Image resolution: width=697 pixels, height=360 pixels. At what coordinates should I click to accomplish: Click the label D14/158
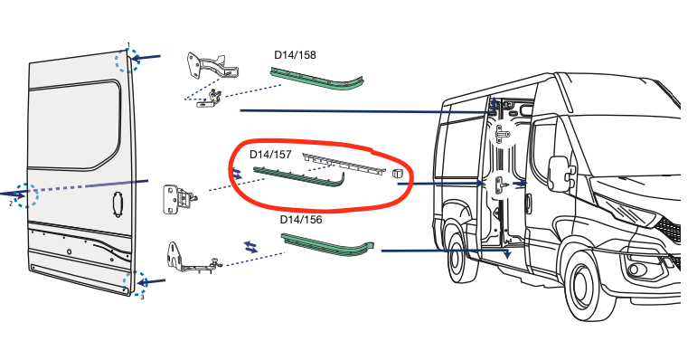tap(295, 54)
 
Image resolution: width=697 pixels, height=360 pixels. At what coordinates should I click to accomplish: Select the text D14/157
tap(269, 155)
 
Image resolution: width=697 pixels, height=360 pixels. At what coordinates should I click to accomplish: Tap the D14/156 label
tap(301, 219)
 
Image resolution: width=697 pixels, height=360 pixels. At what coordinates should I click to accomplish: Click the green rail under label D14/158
tap(324, 79)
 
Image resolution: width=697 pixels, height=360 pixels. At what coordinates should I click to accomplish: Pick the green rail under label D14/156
tap(327, 244)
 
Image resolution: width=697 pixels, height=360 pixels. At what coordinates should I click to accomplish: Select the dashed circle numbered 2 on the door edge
tap(28, 194)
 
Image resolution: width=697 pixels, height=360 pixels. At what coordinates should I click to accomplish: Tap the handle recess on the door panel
tap(116, 204)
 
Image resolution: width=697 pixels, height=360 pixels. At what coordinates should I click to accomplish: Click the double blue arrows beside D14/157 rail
tap(238, 173)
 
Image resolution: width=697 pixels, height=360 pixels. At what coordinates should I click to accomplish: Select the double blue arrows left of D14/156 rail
tap(250, 246)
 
